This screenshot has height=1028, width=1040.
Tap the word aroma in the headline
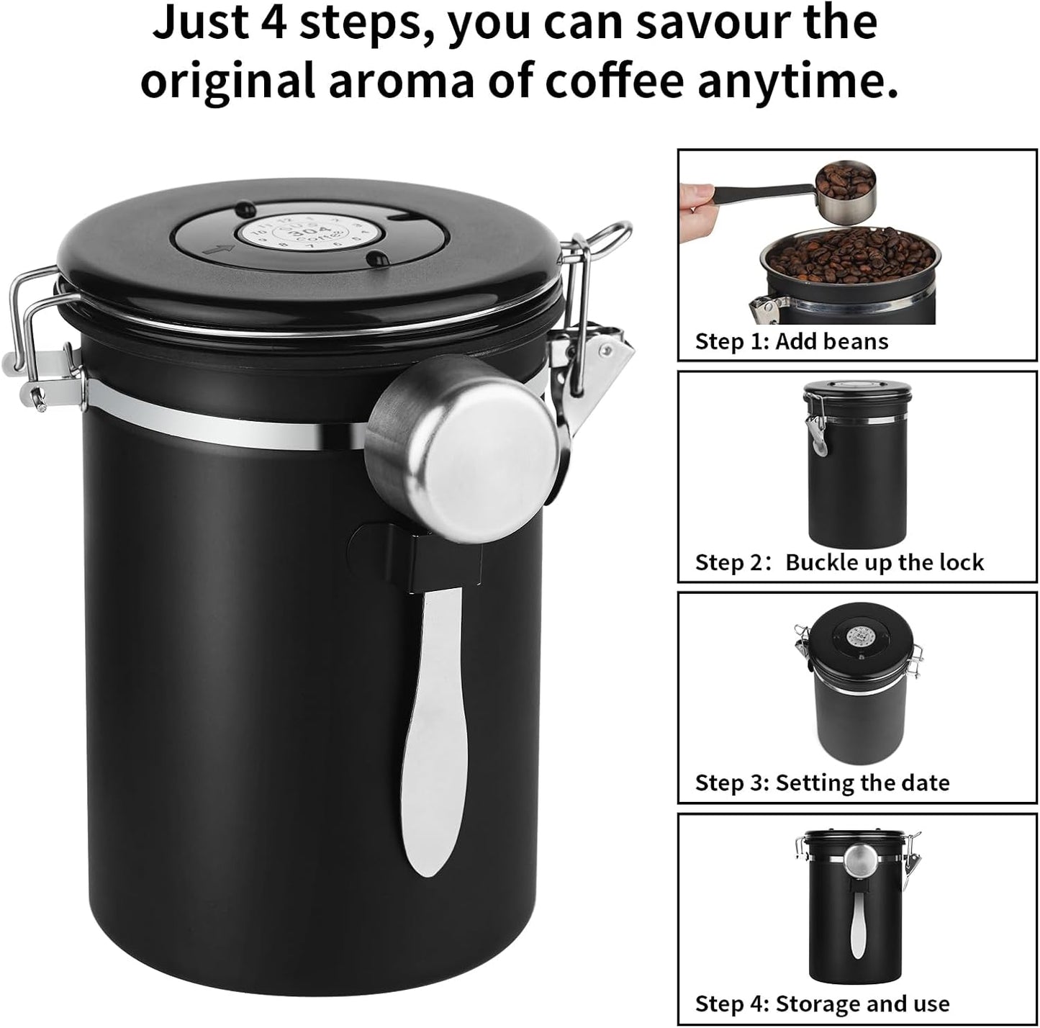(x=401, y=81)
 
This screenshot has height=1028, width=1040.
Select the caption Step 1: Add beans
(x=791, y=341)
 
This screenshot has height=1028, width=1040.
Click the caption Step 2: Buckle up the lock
(x=838, y=562)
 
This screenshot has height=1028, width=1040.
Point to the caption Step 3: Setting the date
(x=821, y=783)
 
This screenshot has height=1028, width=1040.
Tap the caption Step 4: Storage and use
(x=821, y=1003)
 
